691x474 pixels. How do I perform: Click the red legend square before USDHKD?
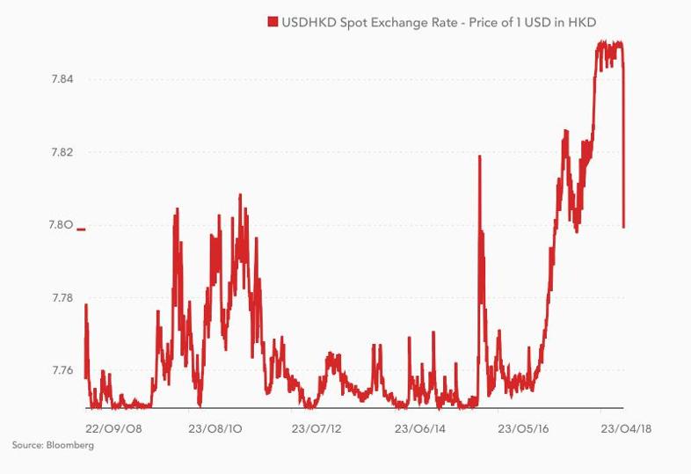(273, 22)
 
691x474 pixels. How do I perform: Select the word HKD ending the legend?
(582, 23)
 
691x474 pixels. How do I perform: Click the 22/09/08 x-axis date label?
(113, 428)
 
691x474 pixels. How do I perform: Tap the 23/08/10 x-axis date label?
(215, 428)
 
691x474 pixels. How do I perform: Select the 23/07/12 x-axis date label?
(316, 428)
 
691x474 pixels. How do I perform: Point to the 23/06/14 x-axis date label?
(420, 428)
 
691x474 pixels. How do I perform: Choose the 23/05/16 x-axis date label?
(524, 428)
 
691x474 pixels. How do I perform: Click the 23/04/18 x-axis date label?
(626, 428)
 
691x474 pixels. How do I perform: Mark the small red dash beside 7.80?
(81, 230)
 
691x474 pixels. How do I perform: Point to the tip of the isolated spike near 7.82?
(479, 156)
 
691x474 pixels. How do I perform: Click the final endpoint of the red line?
(623, 228)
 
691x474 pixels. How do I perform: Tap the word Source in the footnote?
(27, 445)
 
